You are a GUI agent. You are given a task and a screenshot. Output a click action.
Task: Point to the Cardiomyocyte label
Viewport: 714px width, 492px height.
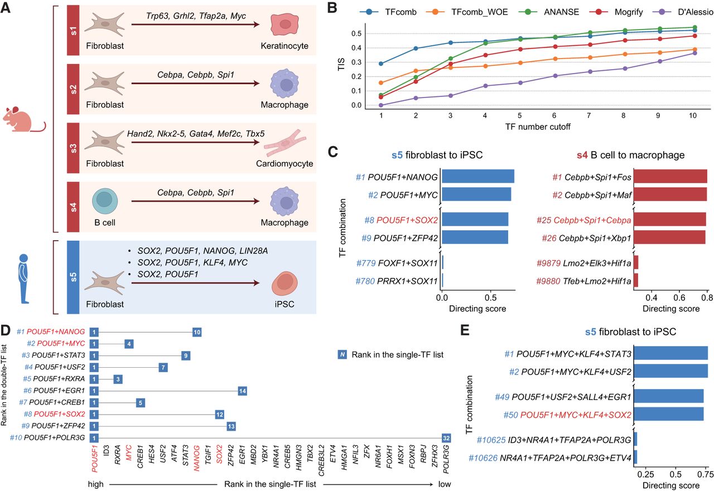(285, 164)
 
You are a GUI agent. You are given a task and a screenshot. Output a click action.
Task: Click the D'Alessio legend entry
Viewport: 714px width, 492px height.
(684, 11)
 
